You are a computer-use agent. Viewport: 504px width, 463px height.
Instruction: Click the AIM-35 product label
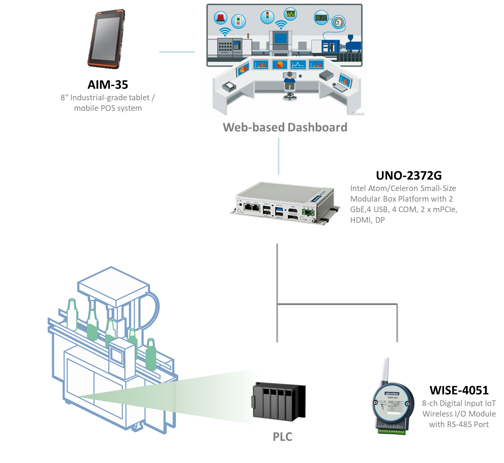108,85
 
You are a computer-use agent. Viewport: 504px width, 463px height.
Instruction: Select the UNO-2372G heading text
409,175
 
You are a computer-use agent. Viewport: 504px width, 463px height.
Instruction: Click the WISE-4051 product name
459,390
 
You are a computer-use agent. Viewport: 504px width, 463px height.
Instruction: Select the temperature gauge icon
339,22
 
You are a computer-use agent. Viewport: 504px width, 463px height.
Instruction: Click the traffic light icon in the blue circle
267,17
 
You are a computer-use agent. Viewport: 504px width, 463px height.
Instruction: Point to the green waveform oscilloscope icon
290,14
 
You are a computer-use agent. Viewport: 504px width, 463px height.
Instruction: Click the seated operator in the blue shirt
290,83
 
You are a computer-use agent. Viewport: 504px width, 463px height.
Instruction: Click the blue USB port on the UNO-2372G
279,210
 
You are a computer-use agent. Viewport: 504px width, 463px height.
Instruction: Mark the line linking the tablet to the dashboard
177,52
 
